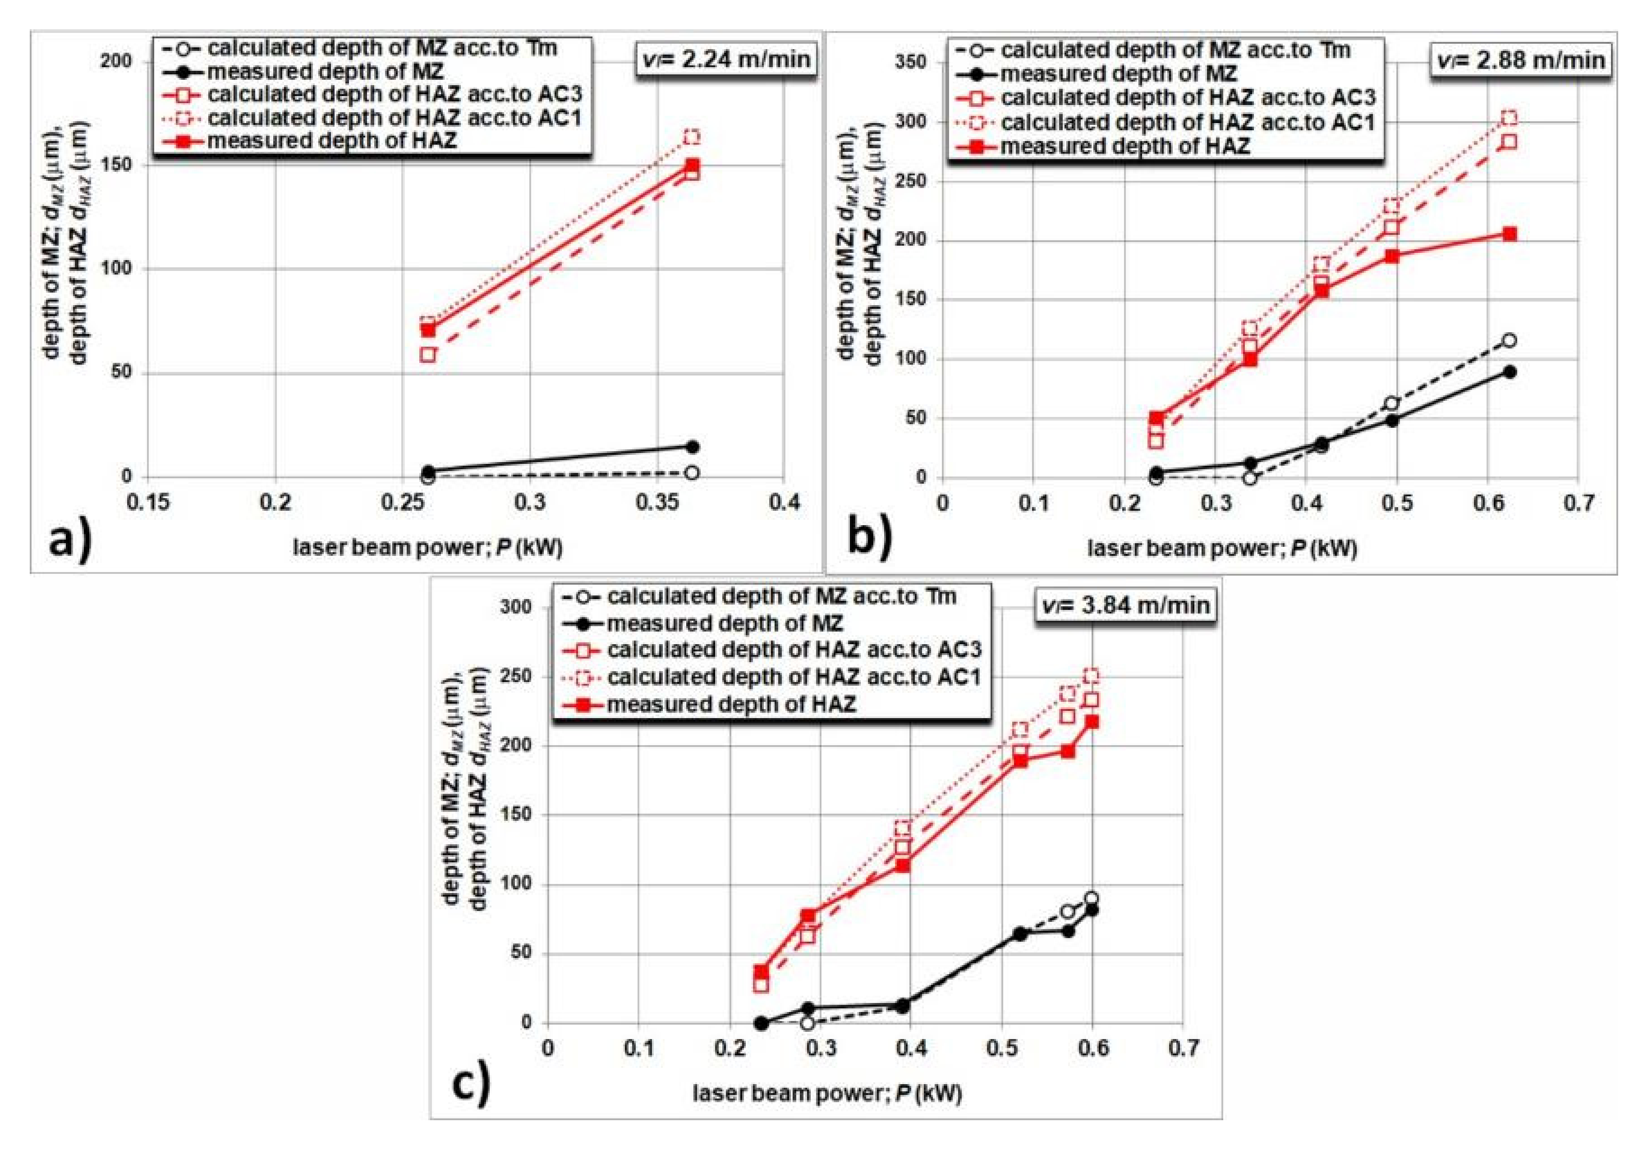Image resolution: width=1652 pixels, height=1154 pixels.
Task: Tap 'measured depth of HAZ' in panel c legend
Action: [x=731, y=704]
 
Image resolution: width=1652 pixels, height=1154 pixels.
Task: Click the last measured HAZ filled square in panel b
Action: [x=1510, y=234]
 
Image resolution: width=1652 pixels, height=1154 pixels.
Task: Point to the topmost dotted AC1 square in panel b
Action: [x=1510, y=118]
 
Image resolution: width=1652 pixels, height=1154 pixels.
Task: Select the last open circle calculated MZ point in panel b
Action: [x=1510, y=340]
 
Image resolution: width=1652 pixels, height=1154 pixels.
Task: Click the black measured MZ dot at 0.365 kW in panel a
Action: [x=692, y=447]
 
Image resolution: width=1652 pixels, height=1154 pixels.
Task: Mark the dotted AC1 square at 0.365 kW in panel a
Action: [x=692, y=137]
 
